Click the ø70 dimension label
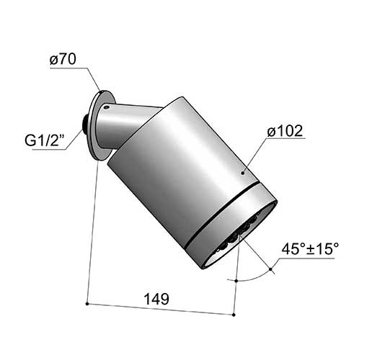click(63, 59)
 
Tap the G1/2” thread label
click(45, 140)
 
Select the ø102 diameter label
click(285, 131)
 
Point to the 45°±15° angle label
click(310, 249)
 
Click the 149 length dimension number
click(156, 300)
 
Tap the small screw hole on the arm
click(106, 107)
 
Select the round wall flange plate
click(101, 125)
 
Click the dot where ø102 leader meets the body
click(243, 173)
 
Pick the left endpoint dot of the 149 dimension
click(87, 304)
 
